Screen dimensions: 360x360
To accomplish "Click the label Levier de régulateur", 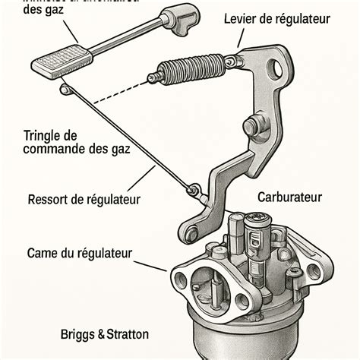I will [277, 18].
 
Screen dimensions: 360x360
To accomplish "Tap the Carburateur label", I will [289, 197].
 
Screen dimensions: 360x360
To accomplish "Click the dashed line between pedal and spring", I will [114, 91].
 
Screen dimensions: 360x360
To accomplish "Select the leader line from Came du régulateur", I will [150, 263].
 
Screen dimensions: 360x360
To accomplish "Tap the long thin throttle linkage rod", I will [129, 137].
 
